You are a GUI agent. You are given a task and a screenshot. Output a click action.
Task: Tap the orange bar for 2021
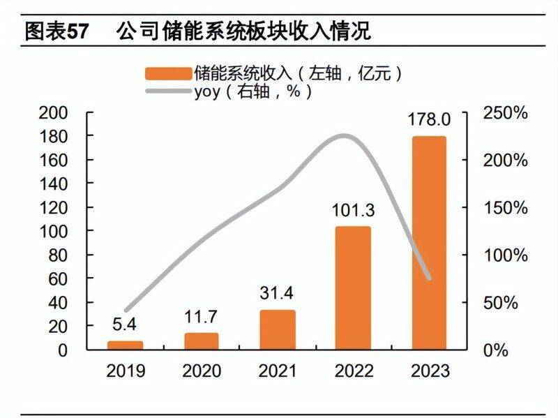tap(277, 329)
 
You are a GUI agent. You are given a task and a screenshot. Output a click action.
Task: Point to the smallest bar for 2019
tap(126, 345)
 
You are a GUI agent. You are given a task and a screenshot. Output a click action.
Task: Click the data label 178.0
tap(428, 120)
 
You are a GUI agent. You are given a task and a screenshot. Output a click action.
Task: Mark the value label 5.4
tap(126, 325)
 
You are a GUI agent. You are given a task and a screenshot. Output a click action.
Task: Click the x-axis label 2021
tap(277, 371)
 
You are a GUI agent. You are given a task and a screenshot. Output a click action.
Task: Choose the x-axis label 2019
tap(126, 371)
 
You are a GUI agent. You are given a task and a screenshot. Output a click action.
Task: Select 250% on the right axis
tap(505, 113)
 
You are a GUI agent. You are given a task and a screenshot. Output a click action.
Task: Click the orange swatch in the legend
tap(168, 73)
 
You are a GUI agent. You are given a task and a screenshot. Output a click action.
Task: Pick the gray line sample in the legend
tap(168, 91)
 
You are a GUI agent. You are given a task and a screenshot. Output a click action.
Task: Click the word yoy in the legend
tap(209, 91)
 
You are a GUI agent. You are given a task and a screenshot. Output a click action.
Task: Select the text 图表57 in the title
tap(59, 31)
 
